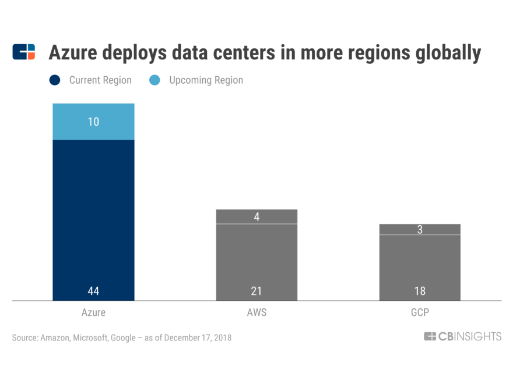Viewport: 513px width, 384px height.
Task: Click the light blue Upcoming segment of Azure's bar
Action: [93, 129]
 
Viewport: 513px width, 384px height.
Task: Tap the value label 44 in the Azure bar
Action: [93, 291]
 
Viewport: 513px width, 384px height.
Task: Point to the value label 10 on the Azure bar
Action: [93, 122]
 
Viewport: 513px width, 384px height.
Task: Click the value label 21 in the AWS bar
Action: [256, 291]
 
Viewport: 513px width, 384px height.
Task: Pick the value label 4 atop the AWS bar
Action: [256, 217]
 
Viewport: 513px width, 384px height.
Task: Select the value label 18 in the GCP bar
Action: [420, 291]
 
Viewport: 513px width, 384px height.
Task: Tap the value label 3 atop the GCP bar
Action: [420, 230]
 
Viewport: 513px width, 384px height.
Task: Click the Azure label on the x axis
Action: [93, 312]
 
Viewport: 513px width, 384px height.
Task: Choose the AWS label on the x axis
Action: [256, 312]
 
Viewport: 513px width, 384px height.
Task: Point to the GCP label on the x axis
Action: [420, 312]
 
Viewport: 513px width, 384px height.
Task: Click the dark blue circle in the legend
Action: [54, 80]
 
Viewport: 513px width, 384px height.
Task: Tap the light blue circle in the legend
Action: [154, 80]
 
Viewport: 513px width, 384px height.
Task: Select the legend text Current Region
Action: [100, 80]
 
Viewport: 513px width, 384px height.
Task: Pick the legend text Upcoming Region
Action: [206, 80]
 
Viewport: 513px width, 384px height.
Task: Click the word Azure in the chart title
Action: [74, 53]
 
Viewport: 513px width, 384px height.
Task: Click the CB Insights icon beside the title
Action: [24, 52]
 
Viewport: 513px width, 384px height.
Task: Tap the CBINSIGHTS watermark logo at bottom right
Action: [462, 336]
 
